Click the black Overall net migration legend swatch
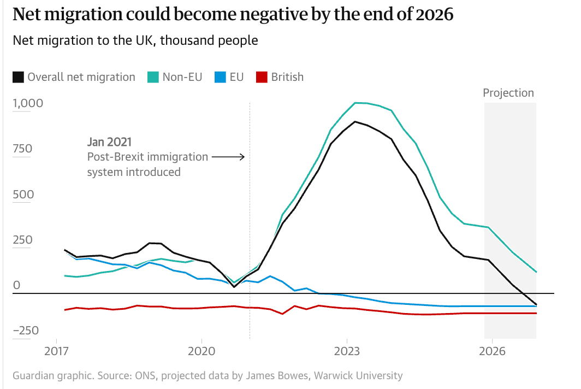tap(18, 77)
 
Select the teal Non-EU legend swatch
tap(153, 77)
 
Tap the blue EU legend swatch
tap(220, 77)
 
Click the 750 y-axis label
tap(22, 149)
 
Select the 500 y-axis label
tap(22, 194)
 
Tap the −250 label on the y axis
tap(25, 331)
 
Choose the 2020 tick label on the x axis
tap(201, 350)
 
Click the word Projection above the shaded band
tap(508, 93)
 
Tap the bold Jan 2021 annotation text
tap(109, 142)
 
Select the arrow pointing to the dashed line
tap(228, 157)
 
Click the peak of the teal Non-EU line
tap(356, 103)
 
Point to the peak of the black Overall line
tap(355, 121)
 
